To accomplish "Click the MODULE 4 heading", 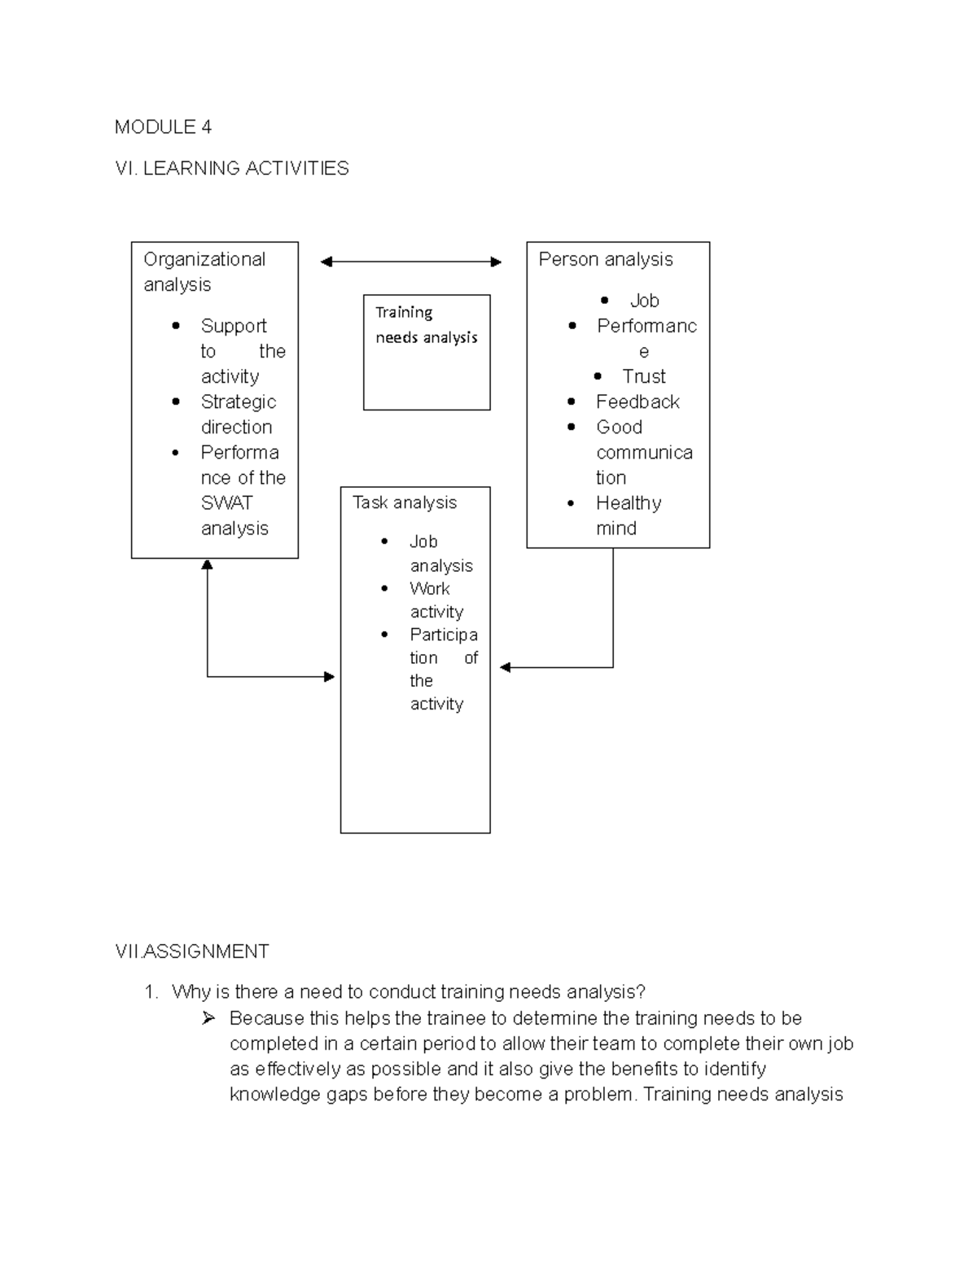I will tap(163, 127).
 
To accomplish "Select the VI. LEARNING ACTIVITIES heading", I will tap(232, 169).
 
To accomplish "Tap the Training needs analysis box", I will tap(426, 352).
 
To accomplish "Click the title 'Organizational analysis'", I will tap(204, 272).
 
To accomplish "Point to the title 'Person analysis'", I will tap(605, 260).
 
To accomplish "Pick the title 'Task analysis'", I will tap(404, 503).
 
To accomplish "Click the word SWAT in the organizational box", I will tap(226, 503).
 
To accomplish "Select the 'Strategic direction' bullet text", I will tap(238, 415).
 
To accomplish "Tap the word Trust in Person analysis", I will tap(643, 376).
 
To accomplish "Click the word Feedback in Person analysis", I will tap(637, 402).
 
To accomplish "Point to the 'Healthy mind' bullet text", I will tap(628, 516).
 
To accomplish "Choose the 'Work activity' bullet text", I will tap(436, 600).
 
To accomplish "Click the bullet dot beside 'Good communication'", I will tap(572, 427).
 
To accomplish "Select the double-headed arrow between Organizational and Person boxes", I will tap(411, 261).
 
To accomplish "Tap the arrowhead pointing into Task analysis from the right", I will tap(505, 667).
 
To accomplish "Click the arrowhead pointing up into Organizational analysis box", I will tap(207, 564).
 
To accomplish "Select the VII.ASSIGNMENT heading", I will tap(192, 951).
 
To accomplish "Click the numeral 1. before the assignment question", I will tap(150, 992).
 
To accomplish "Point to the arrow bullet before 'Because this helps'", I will tap(208, 1018).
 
